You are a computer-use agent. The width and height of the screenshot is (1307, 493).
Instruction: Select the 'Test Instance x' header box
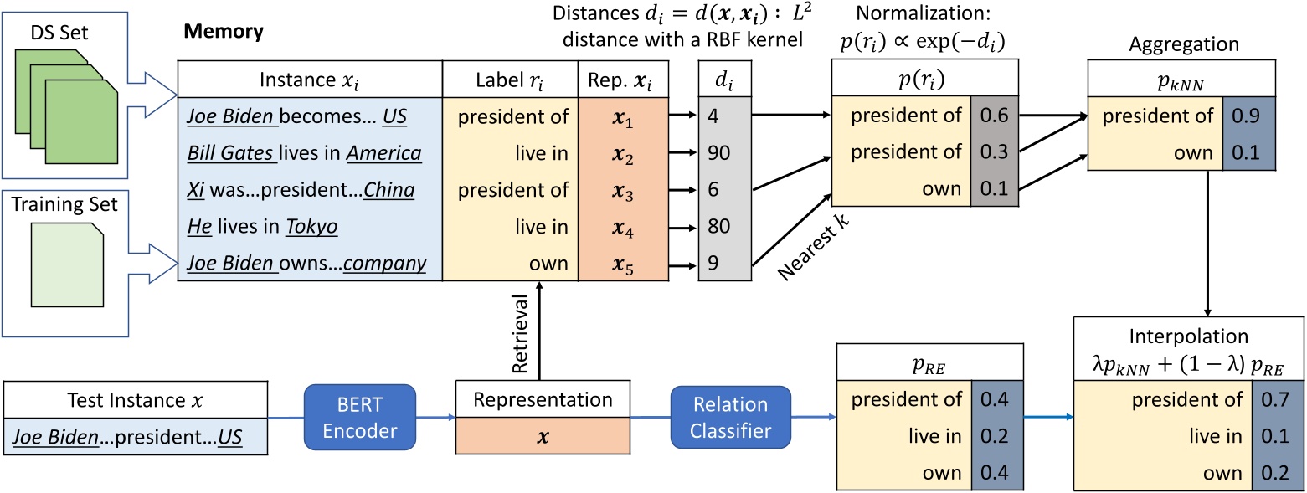coord(135,400)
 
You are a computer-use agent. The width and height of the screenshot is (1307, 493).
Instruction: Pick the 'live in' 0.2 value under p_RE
coord(994,435)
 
